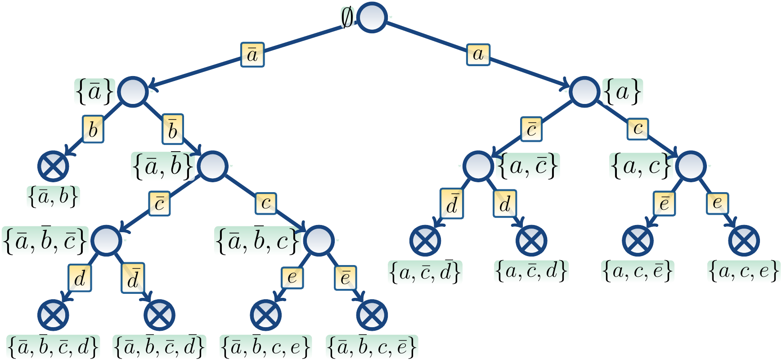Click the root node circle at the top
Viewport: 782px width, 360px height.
[x=372, y=18]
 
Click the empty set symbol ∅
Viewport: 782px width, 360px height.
[x=347, y=18]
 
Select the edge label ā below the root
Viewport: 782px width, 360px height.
[x=252, y=55]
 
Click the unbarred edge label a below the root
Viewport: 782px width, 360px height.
[x=478, y=54]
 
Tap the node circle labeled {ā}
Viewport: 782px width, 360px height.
[x=133, y=92]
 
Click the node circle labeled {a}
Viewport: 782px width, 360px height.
[x=584, y=92]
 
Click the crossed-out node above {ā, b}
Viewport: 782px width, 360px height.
[x=53, y=166]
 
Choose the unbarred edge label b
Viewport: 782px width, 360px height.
[x=93, y=129]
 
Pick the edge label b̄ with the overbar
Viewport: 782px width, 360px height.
[x=172, y=129]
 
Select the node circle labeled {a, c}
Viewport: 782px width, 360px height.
[x=691, y=166]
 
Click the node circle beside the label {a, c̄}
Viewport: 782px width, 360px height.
[x=478, y=166]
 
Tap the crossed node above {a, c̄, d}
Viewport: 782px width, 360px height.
[x=531, y=240]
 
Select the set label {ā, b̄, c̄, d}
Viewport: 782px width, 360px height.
[x=53, y=346]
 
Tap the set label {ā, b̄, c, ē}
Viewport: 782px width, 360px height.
[x=372, y=346]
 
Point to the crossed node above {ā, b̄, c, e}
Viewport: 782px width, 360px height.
[x=266, y=315]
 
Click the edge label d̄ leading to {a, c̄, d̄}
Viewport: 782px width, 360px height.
[x=452, y=203]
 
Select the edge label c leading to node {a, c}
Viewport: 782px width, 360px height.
[x=638, y=129]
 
